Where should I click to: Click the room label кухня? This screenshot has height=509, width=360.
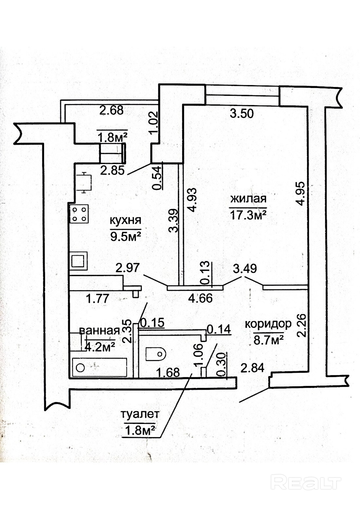(125, 221)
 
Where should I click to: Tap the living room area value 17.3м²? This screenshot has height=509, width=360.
(248, 215)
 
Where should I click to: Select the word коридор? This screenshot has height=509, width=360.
(268, 324)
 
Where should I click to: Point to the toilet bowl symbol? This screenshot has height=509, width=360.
(156, 354)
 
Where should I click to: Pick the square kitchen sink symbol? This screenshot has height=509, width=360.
(78, 261)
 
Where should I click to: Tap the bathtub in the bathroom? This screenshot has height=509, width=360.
(99, 367)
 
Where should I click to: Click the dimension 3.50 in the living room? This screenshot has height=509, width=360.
(242, 113)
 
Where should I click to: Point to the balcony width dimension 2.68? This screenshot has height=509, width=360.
(111, 110)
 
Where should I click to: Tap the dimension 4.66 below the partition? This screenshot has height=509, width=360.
(200, 298)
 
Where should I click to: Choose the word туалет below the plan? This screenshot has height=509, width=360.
(140, 414)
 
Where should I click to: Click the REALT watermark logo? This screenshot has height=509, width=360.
(306, 482)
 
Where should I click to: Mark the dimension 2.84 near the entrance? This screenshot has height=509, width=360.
(252, 368)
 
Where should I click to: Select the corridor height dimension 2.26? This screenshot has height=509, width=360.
(302, 325)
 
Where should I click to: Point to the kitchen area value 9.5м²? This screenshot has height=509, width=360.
(126, 237)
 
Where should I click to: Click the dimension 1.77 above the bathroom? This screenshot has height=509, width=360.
(97, 298)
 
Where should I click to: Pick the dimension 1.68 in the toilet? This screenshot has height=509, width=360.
(168, 373)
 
